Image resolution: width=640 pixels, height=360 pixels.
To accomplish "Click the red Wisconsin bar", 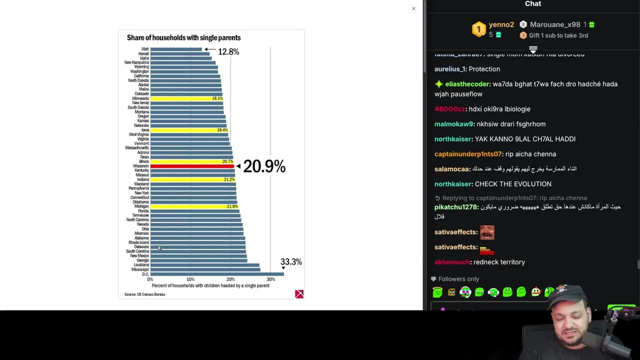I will pyautogui.click(x=192, y=166).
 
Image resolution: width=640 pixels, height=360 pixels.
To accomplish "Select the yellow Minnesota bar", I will pyautogui.click(x=186, y=98).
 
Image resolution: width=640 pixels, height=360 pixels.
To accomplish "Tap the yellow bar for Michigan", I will pyautogui.click(x=193, y=206).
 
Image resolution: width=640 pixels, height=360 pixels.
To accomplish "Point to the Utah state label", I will pyautogui.click(x=144, y=49).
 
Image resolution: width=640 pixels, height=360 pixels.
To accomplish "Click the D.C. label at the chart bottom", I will pyautogui.click(x=145, y=274).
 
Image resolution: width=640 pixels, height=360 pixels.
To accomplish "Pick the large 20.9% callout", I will pyautogui.click(x=264, y=166).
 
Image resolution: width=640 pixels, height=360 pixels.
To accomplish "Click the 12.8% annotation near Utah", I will pyautogui.click(x=228, y=52).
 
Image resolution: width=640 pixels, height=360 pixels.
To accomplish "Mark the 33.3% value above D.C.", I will pyautogui.click(x=291, y=262).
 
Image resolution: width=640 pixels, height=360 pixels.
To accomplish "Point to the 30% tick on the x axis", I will pyautogui.click(x=270, y=279).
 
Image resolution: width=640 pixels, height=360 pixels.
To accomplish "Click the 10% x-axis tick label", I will pyautogui.click(x=190, y=279).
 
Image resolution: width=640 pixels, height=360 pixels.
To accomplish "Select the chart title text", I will pyautogui.click(x=183, y=38).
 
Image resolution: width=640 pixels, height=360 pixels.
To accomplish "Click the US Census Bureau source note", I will pyautogui.click(x=144, y=294).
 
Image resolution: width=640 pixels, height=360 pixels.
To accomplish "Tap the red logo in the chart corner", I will pyautogui.click(x=299, y=294).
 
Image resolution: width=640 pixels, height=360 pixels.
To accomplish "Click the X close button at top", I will pyautogui.click(x=413, y=8).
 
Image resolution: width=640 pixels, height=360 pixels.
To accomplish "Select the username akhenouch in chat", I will pyautogui.click(x=452, y=262).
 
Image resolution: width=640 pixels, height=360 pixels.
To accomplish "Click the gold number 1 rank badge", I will pyautogui.click(x=478, y=29).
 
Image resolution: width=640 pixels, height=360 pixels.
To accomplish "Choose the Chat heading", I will pyautogui.click(x=533, y=4).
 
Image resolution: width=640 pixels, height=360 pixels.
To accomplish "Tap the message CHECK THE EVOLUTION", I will pyautogui.click(x=513, y=184).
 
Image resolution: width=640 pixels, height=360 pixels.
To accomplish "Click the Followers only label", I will pyautogui.click(x=458, y=279).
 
